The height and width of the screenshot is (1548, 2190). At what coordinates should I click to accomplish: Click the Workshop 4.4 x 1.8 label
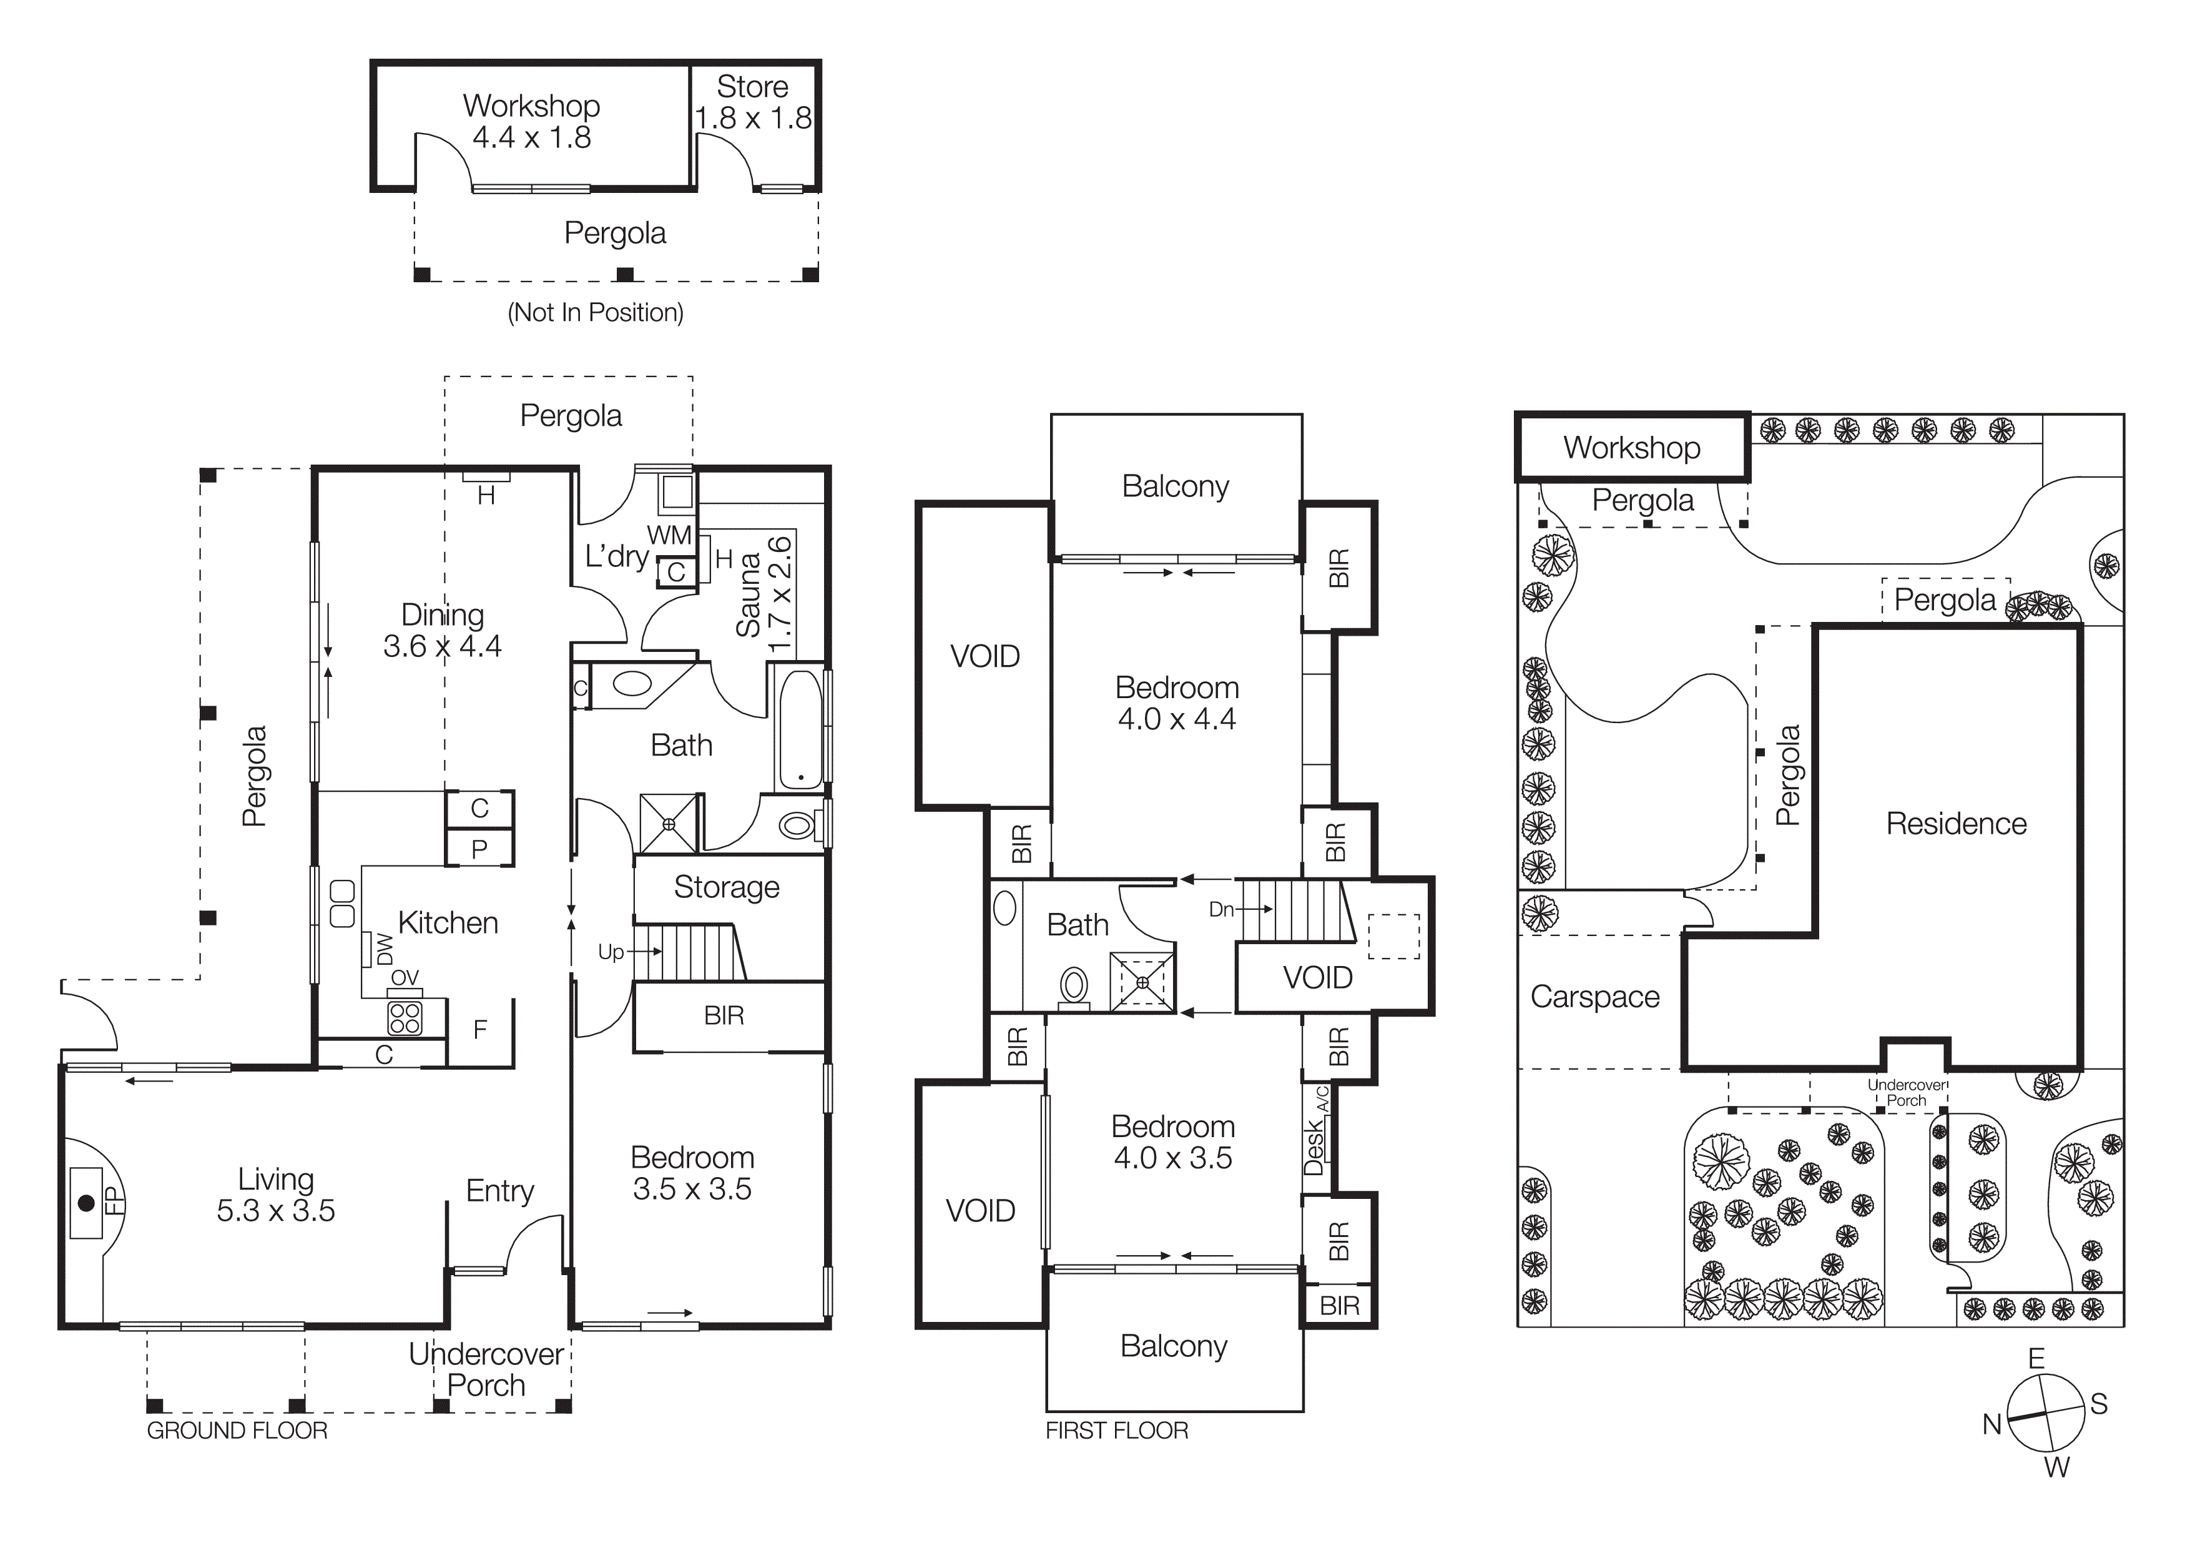point(531,121)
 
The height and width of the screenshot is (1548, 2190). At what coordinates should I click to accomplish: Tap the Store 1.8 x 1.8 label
point(752,102)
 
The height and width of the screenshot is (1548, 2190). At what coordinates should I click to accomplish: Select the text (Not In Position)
point(595,313)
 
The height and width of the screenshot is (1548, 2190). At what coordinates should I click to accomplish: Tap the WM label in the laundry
point(669,536)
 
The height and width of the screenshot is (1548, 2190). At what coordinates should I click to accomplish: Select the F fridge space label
point(480,1029)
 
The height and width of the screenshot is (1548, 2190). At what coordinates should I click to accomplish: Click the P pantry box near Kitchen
point(479,849)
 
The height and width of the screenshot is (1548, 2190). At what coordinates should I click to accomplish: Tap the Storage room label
point(727,887)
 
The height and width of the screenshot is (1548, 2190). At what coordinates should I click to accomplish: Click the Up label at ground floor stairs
point(611,952)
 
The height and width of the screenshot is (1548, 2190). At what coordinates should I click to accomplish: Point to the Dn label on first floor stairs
point(1221,910)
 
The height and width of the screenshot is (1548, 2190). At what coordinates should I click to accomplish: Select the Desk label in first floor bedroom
point(1314,1147)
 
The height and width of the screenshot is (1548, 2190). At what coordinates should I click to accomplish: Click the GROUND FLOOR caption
point(237,1431)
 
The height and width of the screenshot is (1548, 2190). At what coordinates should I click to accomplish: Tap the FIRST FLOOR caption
point(1116,1431)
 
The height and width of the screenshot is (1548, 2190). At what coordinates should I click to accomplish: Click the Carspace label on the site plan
point(1595,997)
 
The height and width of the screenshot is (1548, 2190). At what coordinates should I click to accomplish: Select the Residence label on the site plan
point(1957,824)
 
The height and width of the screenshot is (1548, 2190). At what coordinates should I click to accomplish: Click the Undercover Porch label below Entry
point(486,1369)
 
